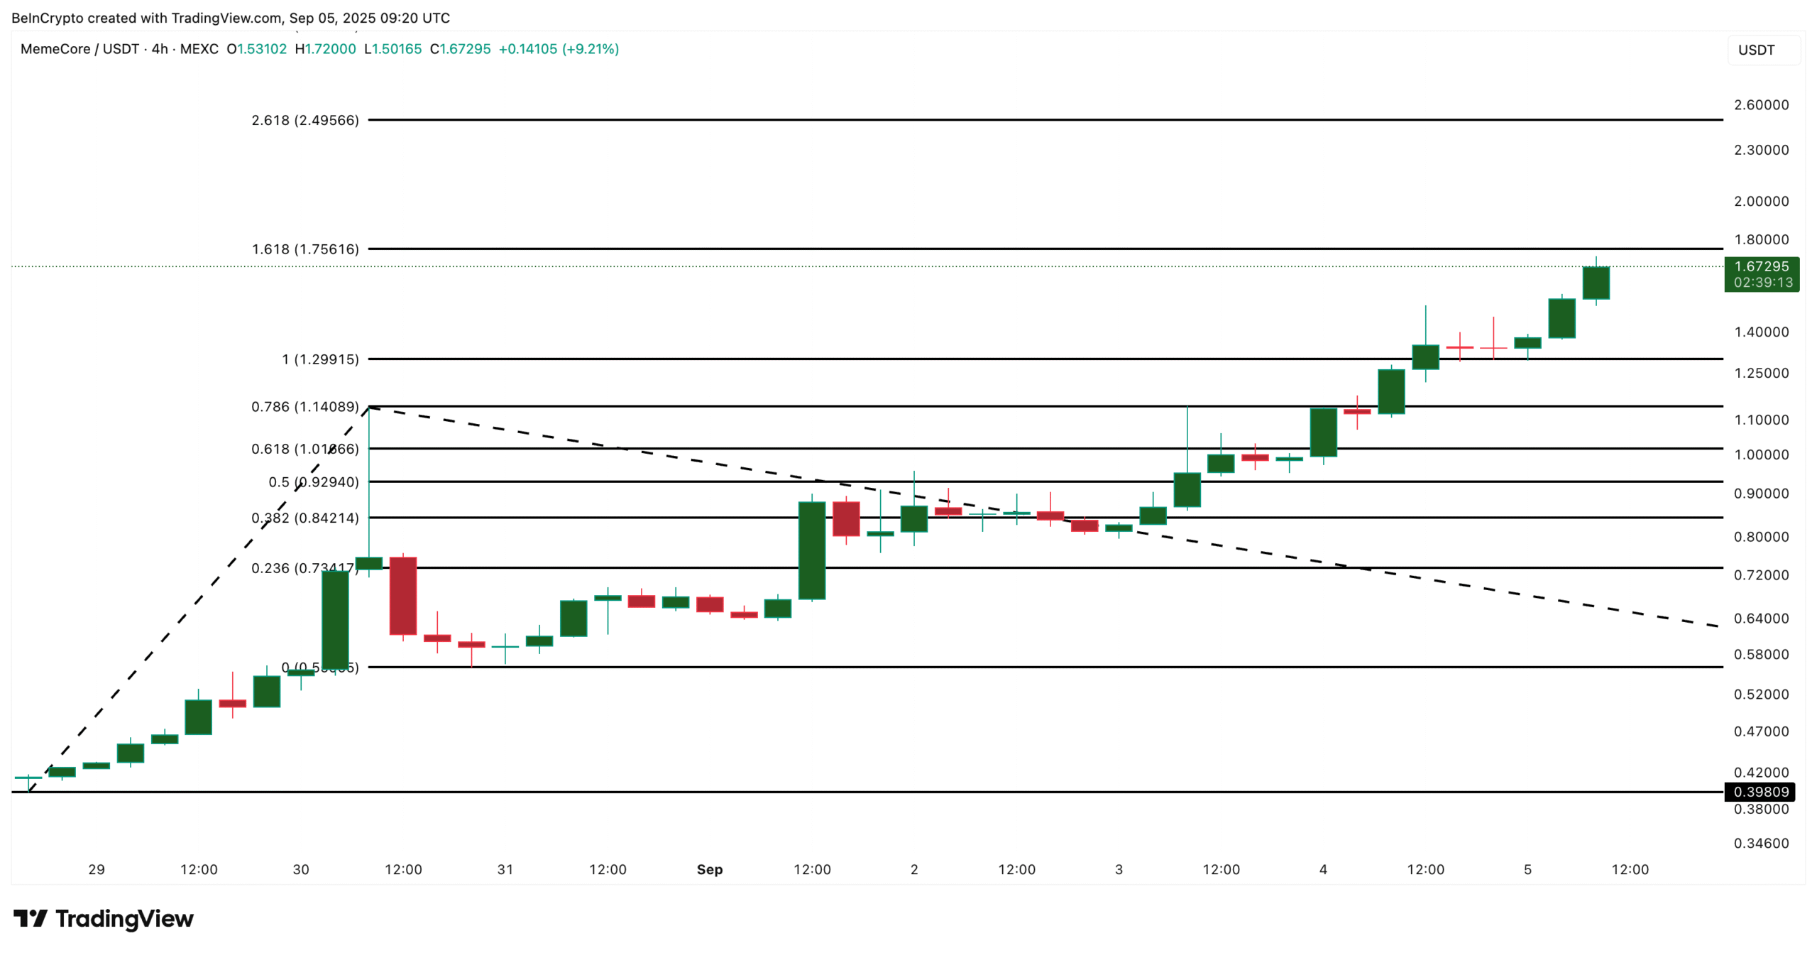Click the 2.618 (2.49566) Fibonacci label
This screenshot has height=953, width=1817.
[x=305, y=120]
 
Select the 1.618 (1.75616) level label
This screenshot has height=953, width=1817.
[x=305, y=249]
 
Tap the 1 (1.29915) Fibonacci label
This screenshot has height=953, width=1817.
[x=320, y=359]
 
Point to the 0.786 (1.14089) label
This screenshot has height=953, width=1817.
[x=305, y=407]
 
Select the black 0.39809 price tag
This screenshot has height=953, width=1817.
[x=1761, y=792]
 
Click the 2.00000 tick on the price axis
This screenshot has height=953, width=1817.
[x=1761, y=202]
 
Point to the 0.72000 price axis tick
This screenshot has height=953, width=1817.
[x=1761, y=575]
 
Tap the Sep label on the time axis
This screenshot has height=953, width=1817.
[x=709, y=869]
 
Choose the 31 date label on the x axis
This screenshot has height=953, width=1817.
[x=505, y=869]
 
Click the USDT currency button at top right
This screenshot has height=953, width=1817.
[x=1756, y=50]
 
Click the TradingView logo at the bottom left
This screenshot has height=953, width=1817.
[x=104, y=919]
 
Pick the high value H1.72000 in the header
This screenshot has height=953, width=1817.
[x=326, y=49]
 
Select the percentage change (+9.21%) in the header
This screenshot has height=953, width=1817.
[x=591, y=49]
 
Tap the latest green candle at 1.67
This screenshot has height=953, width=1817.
[x=1596, y=283]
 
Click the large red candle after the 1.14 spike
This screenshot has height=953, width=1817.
[x=403, y=595]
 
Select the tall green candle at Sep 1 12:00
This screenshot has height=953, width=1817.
[x=812, y=550]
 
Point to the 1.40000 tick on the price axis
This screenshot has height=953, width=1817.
[x=1761, y=332]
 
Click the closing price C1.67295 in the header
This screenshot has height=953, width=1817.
[x=461, y=49]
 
